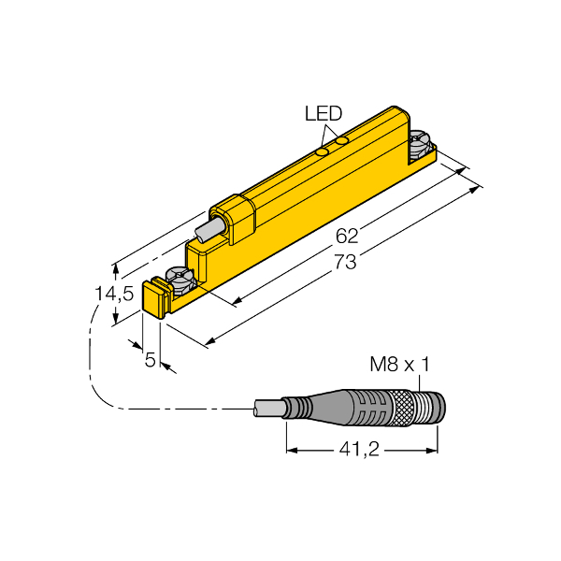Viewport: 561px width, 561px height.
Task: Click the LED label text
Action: point(324,113)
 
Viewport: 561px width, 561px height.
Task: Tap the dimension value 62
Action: point(347,237)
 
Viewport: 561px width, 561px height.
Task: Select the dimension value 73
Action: point(345,262)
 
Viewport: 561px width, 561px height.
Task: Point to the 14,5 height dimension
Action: point(114,294)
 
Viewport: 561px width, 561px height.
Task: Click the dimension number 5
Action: point(151,359)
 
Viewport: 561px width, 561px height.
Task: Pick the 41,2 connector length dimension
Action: point(359,449)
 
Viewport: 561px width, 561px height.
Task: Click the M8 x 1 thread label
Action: point(399,365)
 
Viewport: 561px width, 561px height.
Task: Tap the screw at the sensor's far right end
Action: point(421,144)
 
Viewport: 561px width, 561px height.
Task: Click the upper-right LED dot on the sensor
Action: point(342,140)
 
